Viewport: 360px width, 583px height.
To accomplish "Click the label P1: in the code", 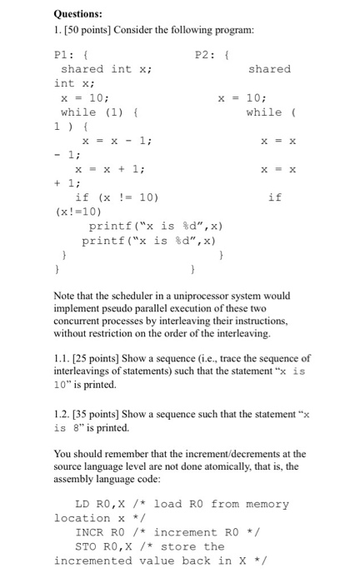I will [64, 55].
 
